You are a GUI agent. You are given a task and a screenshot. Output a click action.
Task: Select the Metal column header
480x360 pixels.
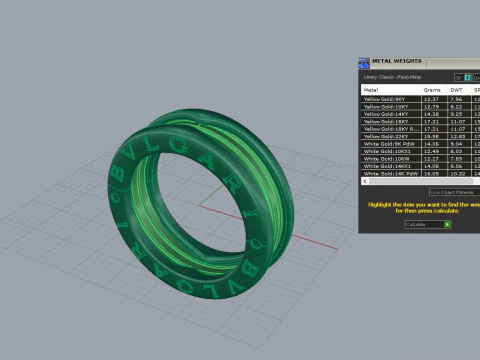(371, 89)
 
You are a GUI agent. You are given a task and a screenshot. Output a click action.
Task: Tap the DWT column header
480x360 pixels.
(455, 89)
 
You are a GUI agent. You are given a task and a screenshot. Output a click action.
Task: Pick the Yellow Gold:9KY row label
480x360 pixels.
(385, 99)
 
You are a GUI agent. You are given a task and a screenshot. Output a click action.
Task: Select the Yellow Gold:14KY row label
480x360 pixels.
(386, 114)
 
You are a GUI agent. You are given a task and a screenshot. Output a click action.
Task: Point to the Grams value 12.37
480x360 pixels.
(431, 99)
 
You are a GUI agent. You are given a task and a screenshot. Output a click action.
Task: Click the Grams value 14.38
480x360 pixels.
(431, 114)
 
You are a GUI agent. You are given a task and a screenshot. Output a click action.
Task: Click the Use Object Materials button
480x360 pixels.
(453, 191)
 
